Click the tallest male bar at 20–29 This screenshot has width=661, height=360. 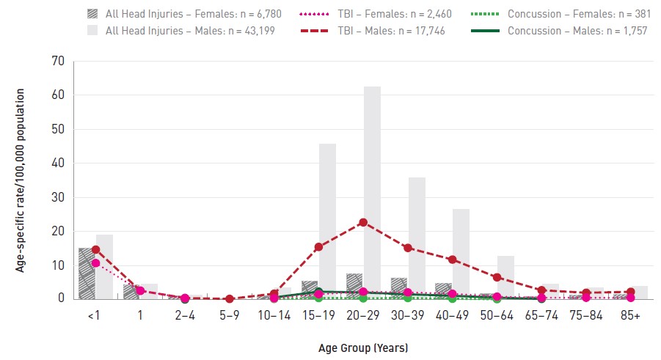tap(372, 193)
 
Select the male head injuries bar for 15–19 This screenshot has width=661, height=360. tap(327, 221)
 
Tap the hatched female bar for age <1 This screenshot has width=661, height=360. tap(87, 273)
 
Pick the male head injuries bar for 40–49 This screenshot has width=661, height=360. tap(461, 254)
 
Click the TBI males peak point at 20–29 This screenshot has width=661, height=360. tap(363, 222)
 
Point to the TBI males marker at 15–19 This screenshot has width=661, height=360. tap(318, 246)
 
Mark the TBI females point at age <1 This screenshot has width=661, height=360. tap(95, 263)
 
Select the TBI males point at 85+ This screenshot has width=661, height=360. tap(630, 292)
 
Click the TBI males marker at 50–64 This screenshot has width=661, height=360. tap(497, 277)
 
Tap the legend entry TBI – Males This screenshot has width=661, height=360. tap(373, 31)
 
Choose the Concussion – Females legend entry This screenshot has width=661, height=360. tap(560, 14)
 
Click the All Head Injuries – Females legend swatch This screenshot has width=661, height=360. tap(92, 14)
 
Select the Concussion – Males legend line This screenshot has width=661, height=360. tap(485, 31)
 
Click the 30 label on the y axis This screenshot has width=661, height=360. tap(58, 197)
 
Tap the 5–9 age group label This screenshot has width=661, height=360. tap(230, 315)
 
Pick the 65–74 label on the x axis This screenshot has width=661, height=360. tap(541, 315)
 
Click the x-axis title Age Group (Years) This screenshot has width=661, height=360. tap(363, 348)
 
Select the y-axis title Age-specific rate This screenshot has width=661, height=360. tap(20, 180)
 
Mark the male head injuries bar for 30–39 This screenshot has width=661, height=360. tap(417, 238)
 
